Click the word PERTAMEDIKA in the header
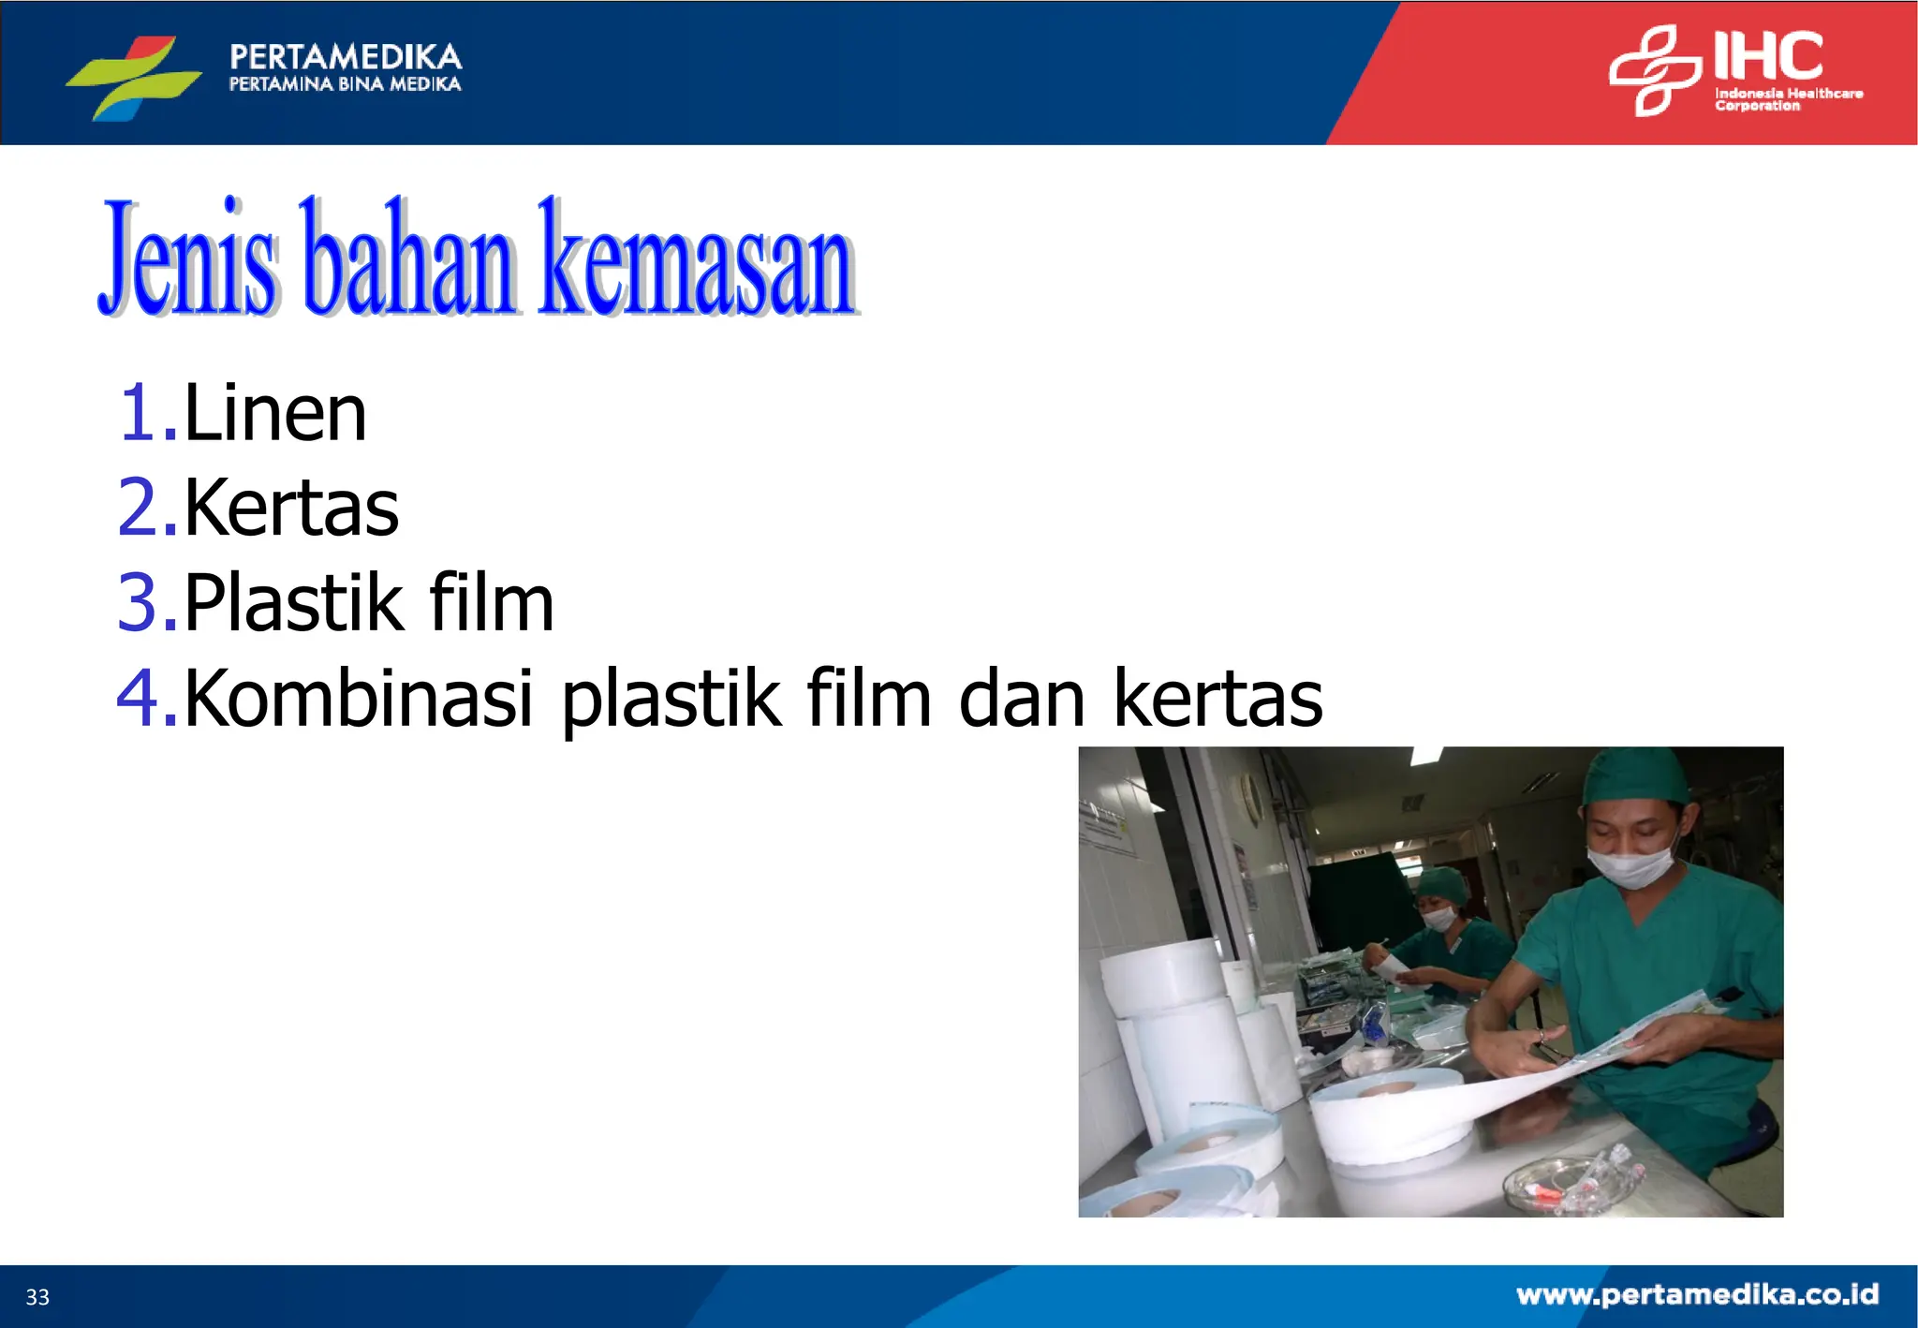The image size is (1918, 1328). coord(346,56)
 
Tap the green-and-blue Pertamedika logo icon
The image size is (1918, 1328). coord(134,77)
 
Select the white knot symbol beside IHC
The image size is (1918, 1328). coord(1654,71)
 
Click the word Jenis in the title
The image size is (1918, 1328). coord(188,258)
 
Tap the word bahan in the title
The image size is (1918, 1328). coord(408,258)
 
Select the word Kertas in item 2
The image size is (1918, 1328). coord(291,508)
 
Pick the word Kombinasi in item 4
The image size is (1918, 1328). coord(359,698)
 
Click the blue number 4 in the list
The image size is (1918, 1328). coord(140,698)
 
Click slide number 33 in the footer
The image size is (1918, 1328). coord(37,1297)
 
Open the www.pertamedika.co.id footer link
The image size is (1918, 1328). coord(1697,1294)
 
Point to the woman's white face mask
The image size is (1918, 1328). coord(1439,918)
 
